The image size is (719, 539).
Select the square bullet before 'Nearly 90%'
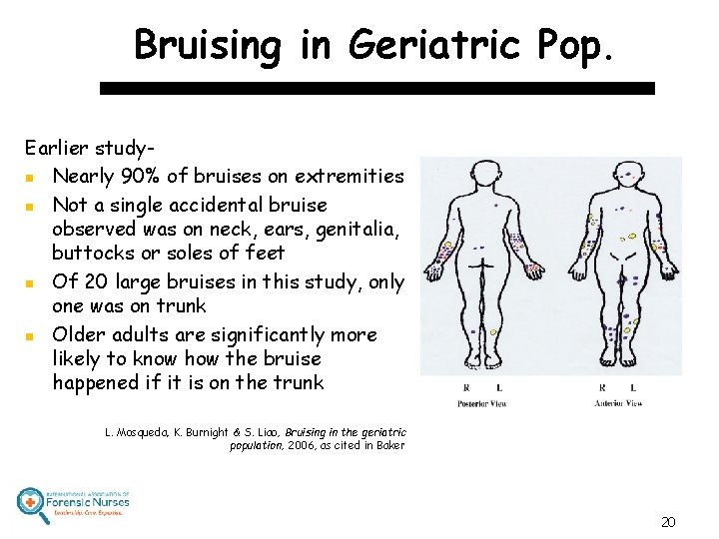click(34, 178)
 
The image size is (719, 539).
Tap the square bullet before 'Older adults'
click(34, 334)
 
